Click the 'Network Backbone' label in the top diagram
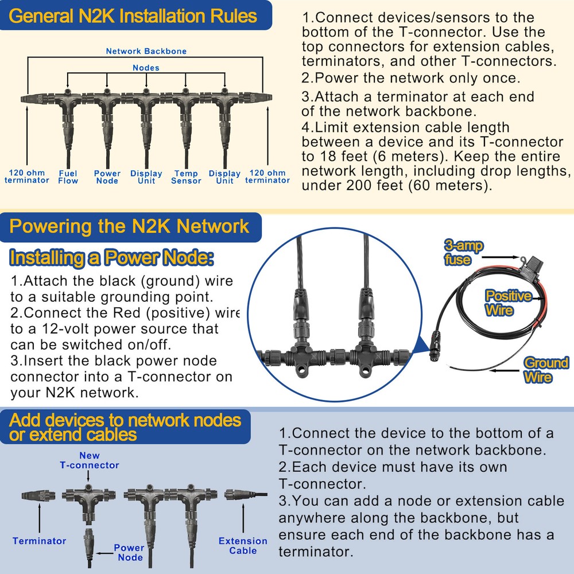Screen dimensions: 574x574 point(146,51)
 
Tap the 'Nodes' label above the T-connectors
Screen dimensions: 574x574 point(146,68)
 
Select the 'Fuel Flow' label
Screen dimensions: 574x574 point(68,177)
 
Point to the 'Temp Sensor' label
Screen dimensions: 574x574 point(186,177)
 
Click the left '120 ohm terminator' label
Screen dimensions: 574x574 point(27,177)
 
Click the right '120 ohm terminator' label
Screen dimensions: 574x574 point(267,177)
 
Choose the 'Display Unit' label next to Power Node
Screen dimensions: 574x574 point(146,177)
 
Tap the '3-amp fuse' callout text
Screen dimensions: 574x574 point(463,253)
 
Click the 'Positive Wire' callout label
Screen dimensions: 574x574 point(509,303)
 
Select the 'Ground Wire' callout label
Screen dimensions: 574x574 point(545,370)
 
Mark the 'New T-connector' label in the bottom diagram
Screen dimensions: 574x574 point(90,460)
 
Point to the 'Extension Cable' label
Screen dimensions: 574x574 point(243,546)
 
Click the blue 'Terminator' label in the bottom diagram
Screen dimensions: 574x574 point(40,541)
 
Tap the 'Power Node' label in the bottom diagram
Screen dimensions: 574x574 point(130,552)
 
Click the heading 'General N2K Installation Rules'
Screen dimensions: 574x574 point(133,15)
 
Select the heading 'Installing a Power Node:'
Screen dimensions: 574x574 point(112,258)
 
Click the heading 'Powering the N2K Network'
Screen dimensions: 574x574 point(130,226)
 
